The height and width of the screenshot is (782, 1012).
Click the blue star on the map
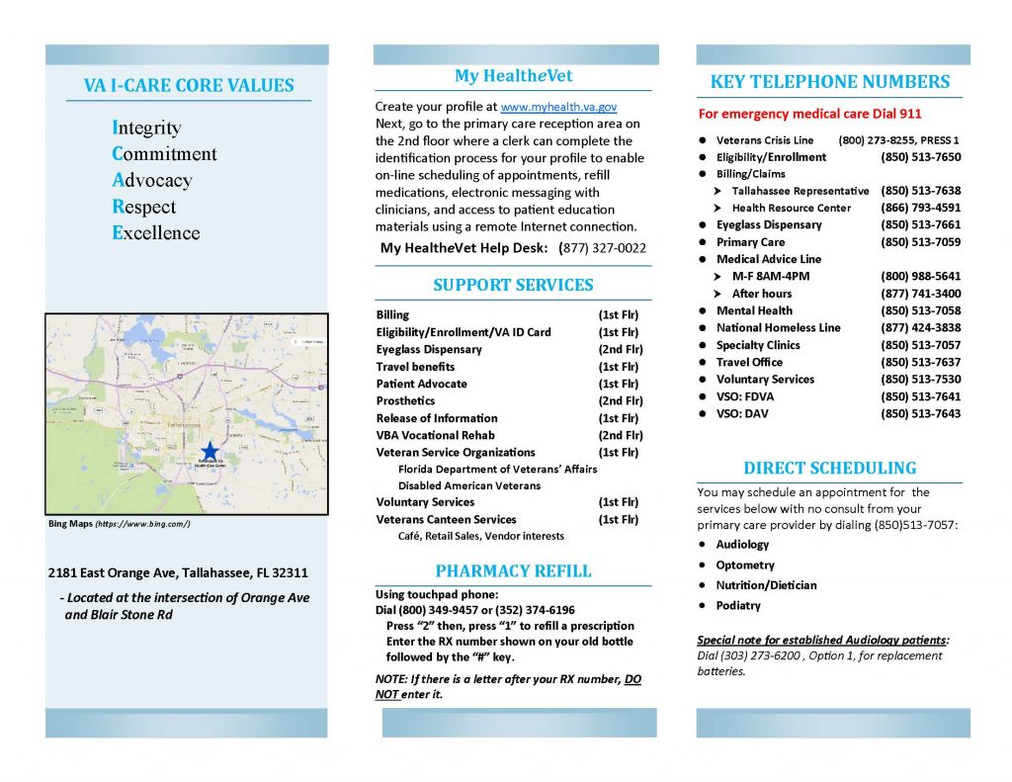(210, 451)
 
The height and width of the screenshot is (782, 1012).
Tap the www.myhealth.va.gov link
(558, 107)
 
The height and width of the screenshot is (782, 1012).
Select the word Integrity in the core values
(147, 128)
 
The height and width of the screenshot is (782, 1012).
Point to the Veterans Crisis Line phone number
(898, 140)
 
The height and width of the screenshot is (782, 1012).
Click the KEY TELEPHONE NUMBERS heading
(830, 82)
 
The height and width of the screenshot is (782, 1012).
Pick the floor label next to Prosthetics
(620, 400)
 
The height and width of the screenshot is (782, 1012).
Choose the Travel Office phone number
(920, 362)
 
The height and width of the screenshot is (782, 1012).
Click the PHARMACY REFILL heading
(513, 570)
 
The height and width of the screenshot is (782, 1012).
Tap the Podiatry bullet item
(738, 605)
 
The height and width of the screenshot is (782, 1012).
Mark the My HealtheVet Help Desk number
(604, 248)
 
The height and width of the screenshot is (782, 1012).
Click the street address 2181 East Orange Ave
(178, 572)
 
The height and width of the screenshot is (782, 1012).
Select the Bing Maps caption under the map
(119, 523)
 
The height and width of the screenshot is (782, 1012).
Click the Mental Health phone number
(920, 310)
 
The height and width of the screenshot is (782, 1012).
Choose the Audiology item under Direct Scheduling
(742, 545)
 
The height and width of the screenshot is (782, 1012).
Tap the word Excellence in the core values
(156, 233)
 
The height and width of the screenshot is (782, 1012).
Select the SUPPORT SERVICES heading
(513, 285)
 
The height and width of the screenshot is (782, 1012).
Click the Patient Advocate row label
(422, 384)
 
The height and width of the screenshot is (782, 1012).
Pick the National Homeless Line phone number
(920, 327)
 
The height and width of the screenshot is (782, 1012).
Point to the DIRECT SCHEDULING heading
(829, 468)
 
